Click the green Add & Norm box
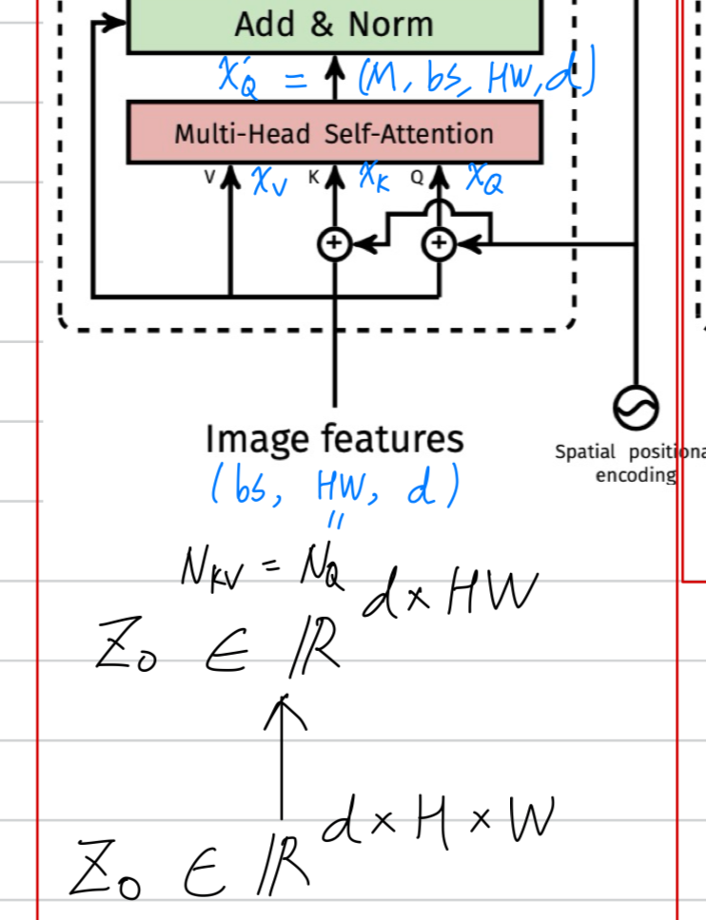pos(334,25)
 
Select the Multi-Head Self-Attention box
pos(334,133)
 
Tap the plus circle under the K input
pos(334,244)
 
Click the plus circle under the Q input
pos(439,244)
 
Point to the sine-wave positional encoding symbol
pos(635,408)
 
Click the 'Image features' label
pos(335,439)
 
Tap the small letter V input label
pos(210,176)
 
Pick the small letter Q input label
pos(417,176)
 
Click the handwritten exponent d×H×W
pos(438,823)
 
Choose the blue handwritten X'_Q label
pos(238,77)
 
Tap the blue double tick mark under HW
pos(336,521)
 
